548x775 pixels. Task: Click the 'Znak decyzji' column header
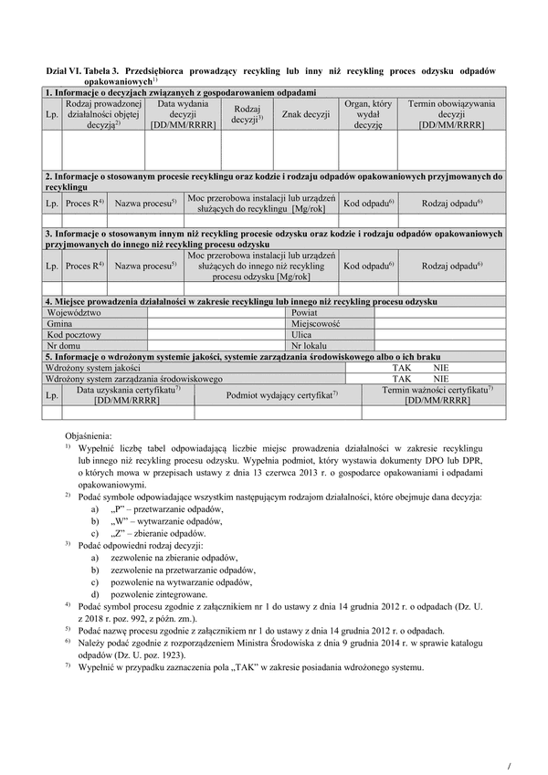point(305,114)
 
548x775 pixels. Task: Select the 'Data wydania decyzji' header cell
point(184,114)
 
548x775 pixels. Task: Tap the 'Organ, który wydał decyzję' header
point(368,114)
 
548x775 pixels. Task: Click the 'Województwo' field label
point(74,312)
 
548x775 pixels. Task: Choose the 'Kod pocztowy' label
point(71,335)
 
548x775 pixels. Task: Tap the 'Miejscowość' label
point(316,323)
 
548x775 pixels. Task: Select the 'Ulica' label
point(302,335)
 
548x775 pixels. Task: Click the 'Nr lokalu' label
point(309,346)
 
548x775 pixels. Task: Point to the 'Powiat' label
point(305,312)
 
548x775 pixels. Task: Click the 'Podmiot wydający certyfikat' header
point(282,394)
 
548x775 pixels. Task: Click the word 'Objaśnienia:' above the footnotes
point(89,436)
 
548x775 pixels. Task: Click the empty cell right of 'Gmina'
point(215,323)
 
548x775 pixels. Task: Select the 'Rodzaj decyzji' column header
point(247,114)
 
